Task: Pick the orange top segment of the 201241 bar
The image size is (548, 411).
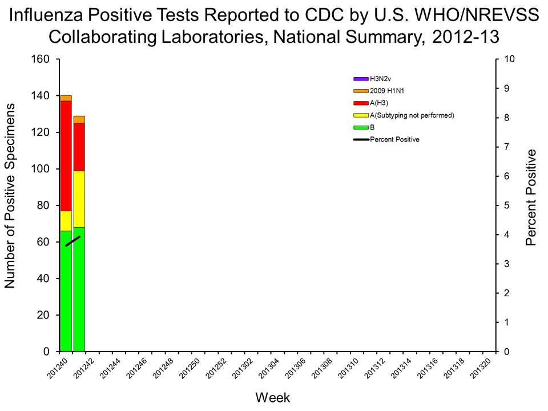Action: pyautogui.click(x=79, y=119)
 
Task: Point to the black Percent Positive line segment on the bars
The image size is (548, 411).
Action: pyautogui.click(x=73, y=241)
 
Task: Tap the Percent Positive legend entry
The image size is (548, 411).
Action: pyautogui.click(x=394, y=139)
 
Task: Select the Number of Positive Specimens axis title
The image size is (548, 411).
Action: pyautogui.click(x=10, y=205)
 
